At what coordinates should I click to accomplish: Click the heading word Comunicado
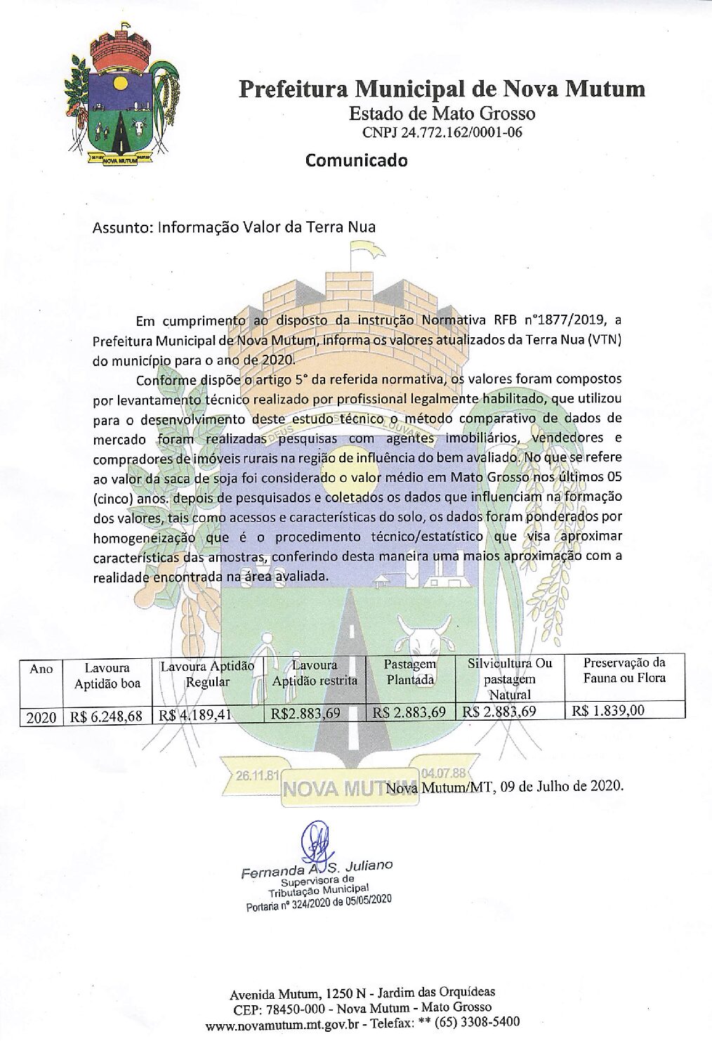[356, 160]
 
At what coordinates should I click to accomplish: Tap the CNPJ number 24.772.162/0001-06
[442, 132]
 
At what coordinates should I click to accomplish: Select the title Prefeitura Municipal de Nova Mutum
[442, 89]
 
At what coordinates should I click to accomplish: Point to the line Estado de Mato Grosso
[442, 113]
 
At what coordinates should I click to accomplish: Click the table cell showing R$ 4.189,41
[196, 715]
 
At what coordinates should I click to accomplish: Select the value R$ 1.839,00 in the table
[608, 710]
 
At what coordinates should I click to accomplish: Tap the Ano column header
[41, 669]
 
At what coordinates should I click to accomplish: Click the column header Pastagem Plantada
[410, 672]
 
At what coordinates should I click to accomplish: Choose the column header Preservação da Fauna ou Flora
[624, 670]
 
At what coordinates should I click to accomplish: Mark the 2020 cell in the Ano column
[41, 717]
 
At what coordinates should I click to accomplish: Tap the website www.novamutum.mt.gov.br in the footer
[284, 1025]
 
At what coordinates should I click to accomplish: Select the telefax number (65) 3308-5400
[477, 1021]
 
